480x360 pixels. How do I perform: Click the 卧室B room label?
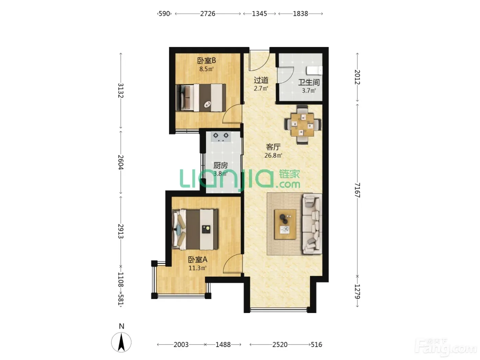(x=206, y=60)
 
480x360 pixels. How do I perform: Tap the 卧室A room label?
(x=197, y=260)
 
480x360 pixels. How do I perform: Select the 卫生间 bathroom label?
(x=309, y=82)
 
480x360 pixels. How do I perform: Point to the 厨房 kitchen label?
(x=220, y=166)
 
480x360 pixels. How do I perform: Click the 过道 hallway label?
(x=261, y=80)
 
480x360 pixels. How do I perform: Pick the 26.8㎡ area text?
(x=273, y=155)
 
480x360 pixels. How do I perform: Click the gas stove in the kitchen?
(x=221, y=136)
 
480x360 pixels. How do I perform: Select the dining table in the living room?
(x=303, y=125)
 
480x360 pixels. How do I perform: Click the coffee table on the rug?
(x=285, y=224)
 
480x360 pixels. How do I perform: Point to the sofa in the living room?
(x=312, y=224)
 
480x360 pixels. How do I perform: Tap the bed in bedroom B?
(x=201, y=98)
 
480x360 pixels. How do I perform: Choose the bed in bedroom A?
(x=195, y=229)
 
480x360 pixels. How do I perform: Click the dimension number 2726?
(x=208, y=14)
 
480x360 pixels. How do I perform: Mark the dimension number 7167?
(x=357, y=190)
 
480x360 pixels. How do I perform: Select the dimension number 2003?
(x=181, y=345)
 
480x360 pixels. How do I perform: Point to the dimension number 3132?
(x=121, y=91)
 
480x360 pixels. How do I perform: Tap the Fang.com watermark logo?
(x=446, y=349)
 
